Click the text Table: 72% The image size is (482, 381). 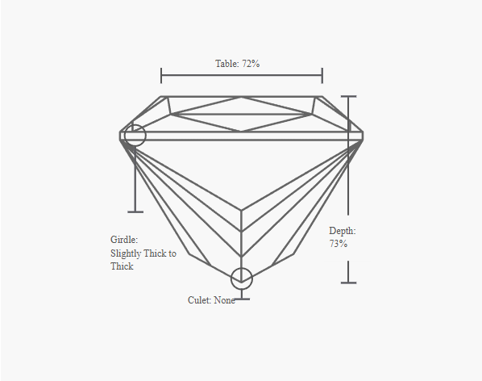click(237, 64)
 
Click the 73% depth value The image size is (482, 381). click(339, 244)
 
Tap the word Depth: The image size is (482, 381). click(343, 231)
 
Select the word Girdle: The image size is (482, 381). click(124, 240)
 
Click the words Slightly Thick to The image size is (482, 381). click(143, 253)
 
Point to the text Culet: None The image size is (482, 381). click(211, 300)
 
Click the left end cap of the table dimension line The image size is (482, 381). click(161, 75)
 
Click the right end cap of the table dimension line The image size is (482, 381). click(322, 75)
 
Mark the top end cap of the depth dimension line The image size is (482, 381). click(348, 96)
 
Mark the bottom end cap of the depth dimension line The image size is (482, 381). click(348, 283)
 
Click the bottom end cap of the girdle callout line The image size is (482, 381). click(135, 211)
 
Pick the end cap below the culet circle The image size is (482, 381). click(242, 299)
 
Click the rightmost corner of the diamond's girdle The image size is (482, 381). click(363, 136)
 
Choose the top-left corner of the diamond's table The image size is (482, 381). click(161, 97)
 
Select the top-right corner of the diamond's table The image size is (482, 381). click(322, 97)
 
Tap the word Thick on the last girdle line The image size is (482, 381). click(122, 266)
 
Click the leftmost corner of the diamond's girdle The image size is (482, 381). click(120, 136)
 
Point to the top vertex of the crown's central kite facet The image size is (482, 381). click(242, 97)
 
